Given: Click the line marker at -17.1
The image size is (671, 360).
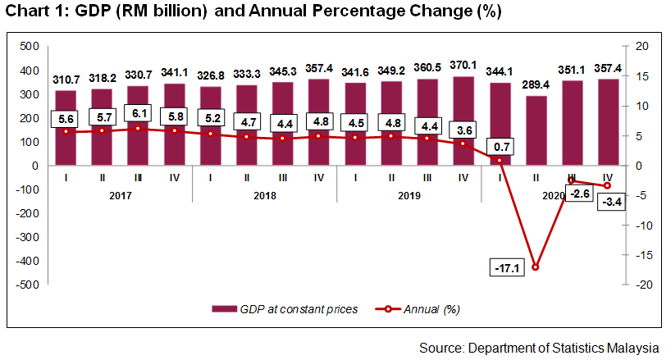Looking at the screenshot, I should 536,267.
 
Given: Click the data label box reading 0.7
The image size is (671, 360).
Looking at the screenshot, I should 499,147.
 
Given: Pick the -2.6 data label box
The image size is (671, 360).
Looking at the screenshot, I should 571,193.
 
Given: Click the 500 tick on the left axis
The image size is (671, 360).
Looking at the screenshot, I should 30,46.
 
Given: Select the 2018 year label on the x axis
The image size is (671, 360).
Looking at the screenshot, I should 265,196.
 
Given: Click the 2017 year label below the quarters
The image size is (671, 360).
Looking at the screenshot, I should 121,196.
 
